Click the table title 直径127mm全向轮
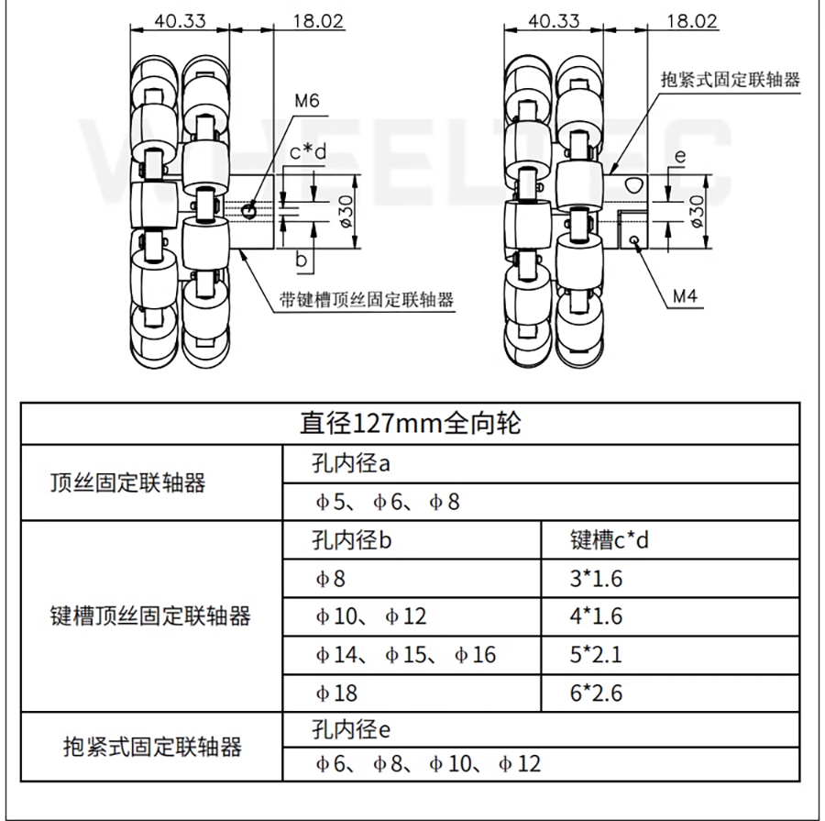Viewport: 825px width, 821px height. [x=411, y=424]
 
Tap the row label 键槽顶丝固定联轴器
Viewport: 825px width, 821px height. [x=149, y=616]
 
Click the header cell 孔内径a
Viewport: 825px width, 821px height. [x=351, y=464]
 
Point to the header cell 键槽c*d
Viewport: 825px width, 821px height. [x=609, y=540]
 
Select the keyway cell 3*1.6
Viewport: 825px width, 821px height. [x=596, y=579]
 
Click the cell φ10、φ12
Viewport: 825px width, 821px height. [x=370, y=616]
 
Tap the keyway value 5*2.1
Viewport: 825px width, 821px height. [x=596, y=654]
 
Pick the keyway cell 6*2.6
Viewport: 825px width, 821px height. [x=596, y=693]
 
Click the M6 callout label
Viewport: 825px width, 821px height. [x=307, y=102]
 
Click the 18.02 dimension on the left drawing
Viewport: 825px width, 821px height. [x=317, y=20]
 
